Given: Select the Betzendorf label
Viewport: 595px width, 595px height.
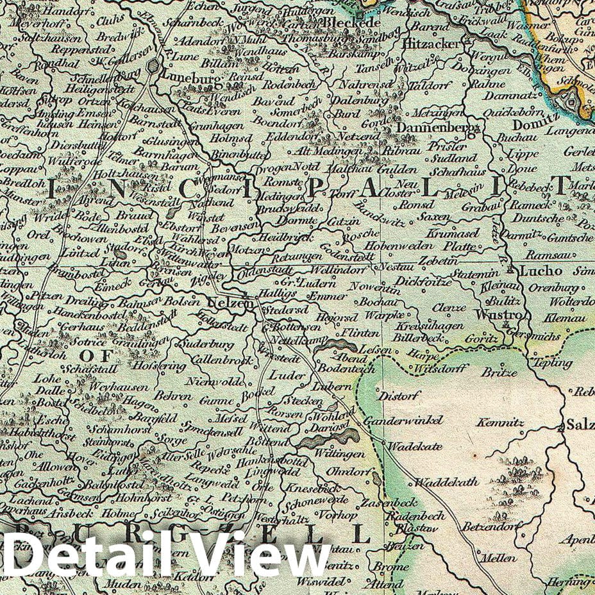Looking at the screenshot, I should point(489,527).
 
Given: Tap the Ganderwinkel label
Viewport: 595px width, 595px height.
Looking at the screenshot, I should point(403,420).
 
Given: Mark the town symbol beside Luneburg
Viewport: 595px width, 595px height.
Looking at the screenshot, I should point(154,66).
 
